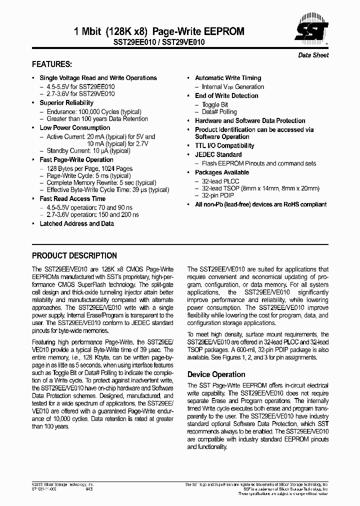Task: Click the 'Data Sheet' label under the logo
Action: [x=313, y=55]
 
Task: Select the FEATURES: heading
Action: [x=52, y=64]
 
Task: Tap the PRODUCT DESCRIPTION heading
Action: [x=74, y=255]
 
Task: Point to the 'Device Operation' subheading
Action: [x=216, y=374]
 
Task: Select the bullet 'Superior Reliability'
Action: [x=66, y=103]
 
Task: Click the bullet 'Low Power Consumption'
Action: [x=75, y=128]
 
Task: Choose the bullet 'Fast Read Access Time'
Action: [x=72, y=199]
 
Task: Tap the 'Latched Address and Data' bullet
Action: [x=76, y=223]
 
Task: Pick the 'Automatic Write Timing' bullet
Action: [x=228, y=78]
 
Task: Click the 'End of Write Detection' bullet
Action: [x=226, y=96]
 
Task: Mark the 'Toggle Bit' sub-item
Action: [x=215, y=105]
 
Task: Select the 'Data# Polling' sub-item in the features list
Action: [x=219, y=112]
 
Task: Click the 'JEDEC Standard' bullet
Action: [x=218, y=155]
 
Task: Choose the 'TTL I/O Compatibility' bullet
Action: [x=224, y=146]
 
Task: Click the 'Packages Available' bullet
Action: [x=222, y=172]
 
